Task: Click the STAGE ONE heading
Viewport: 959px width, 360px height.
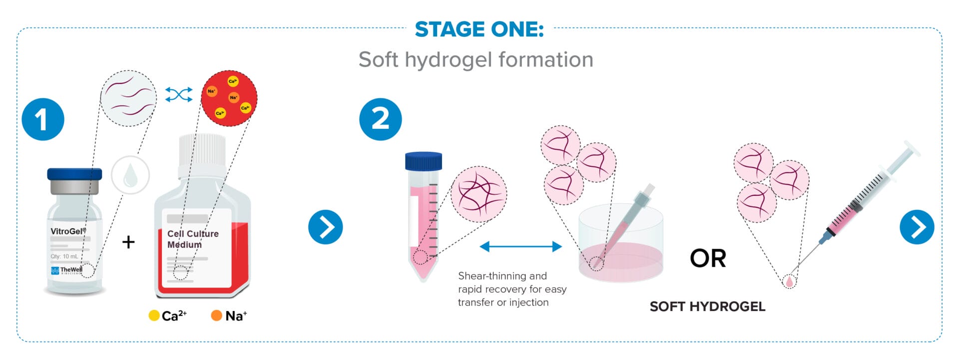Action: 479,29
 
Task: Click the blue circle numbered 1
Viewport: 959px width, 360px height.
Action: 43,119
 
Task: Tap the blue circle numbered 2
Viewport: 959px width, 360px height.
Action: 380,119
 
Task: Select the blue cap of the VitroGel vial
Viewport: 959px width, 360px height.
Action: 74,174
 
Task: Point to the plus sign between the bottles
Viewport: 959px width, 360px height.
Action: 128,242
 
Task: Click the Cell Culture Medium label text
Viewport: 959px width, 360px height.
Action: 192,239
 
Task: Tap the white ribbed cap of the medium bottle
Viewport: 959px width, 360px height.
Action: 202,149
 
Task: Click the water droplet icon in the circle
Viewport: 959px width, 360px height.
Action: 130,175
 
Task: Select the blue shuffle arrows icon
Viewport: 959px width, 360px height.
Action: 179,94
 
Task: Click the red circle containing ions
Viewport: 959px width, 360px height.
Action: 229,98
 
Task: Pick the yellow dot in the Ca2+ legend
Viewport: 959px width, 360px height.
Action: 154,316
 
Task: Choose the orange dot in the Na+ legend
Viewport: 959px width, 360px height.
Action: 216,316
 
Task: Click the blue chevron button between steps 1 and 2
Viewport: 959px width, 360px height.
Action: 325,227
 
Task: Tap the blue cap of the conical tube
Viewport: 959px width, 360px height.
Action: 423,161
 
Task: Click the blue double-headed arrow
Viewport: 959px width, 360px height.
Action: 520,246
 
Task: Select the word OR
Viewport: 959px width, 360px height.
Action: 708,258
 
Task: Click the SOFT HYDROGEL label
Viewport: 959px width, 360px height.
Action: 707,307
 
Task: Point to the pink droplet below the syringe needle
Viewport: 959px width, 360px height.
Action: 789,282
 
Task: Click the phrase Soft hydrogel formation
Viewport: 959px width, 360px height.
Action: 476,60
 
